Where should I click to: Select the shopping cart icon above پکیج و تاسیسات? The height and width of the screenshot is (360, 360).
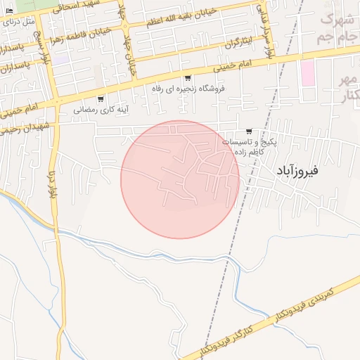249,131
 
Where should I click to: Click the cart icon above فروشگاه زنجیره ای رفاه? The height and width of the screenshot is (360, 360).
188,78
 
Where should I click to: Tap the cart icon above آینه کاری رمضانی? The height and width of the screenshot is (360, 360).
101,98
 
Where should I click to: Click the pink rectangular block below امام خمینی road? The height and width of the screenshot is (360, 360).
307,73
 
